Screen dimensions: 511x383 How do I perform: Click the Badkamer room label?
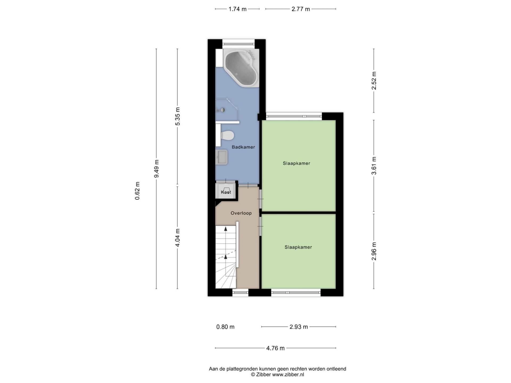tap(243, 147)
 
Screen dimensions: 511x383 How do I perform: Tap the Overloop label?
tap(241, 213)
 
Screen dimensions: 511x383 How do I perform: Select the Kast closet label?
tap(226, 192)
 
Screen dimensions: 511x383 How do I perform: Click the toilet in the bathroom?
tap(228, 135)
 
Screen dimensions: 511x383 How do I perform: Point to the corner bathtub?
tap(241, 68)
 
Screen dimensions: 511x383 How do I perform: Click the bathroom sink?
tap(222, 157)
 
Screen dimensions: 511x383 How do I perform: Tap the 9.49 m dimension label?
tap(157, 169)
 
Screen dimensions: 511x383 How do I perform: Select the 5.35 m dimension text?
tap(178, 116)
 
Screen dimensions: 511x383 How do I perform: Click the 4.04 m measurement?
tap(178, 238)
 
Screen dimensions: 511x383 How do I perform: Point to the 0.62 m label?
tap(137, 191)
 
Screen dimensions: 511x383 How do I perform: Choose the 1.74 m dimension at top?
tap(237, 9)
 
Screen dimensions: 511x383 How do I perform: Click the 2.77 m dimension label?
tap(301, 9)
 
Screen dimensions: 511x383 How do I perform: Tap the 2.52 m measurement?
tap(374, 81)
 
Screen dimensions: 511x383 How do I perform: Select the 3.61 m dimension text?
tap(374, 165)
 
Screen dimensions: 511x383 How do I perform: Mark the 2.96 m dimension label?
tap(374, 251)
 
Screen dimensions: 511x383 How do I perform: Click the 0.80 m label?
tap(225, 327)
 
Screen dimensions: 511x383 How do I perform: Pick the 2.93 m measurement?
tap(299, 327)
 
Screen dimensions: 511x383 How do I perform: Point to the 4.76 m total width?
tap(275, 348)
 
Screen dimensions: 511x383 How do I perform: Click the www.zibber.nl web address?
tap(288, 374)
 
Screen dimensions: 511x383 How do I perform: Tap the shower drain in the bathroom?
tap(222, 110)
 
